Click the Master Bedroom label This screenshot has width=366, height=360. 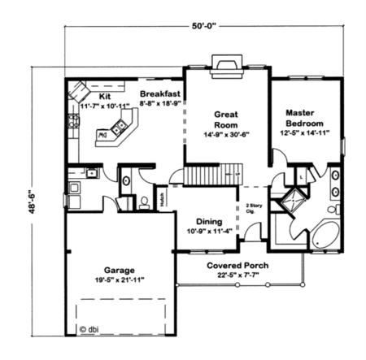point(307,116)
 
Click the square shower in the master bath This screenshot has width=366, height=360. point(290,200)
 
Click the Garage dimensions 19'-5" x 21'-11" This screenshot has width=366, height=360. point(119,280)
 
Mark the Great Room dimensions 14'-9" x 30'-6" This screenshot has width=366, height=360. point(226,135)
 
